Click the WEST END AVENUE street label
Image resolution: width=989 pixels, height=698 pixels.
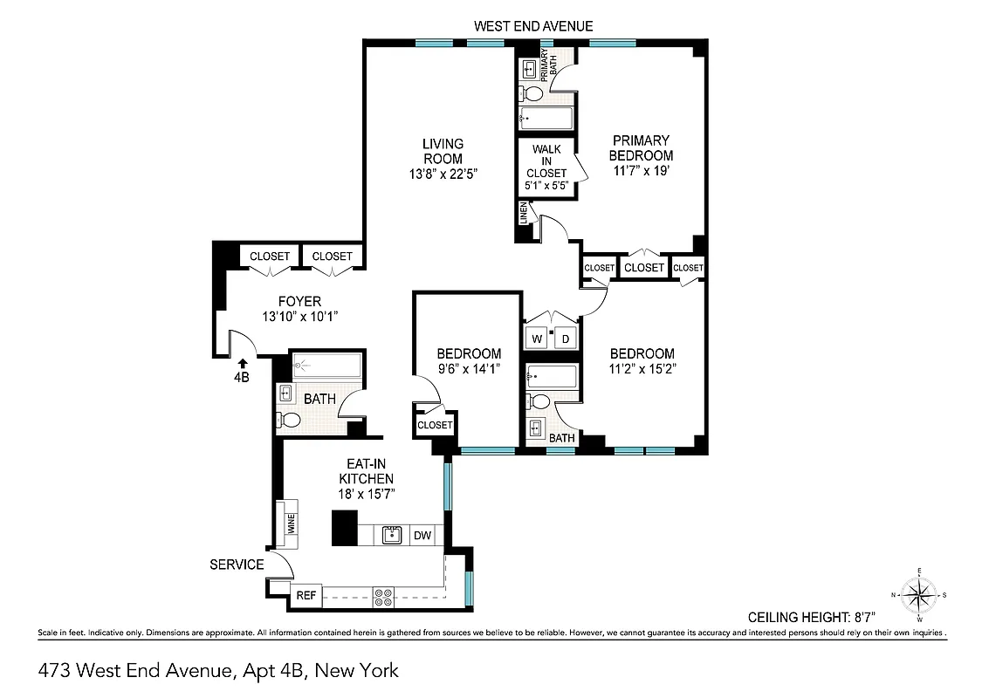(533, 26)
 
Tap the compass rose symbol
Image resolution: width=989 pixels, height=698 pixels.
(918, 595)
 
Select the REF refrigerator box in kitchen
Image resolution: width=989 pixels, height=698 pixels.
(306, 596)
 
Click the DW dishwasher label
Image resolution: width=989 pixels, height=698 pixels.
(422, 536)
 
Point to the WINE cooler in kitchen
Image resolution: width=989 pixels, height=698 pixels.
(289, 524)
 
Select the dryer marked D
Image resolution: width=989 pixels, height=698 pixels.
(566, 339)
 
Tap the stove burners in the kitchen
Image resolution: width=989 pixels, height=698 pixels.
(383, 597)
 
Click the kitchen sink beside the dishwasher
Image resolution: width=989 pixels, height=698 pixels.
(392, 535)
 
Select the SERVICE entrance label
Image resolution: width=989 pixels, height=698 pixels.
(237, 565)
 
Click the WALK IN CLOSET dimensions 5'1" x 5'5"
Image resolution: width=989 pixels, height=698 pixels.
(546, 186)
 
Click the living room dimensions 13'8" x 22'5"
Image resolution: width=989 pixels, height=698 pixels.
(443, 174)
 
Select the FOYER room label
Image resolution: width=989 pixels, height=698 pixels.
(299, 302)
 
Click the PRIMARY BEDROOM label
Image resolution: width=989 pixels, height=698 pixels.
(642, 147)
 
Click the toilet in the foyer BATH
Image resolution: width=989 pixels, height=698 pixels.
(291, 421)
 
